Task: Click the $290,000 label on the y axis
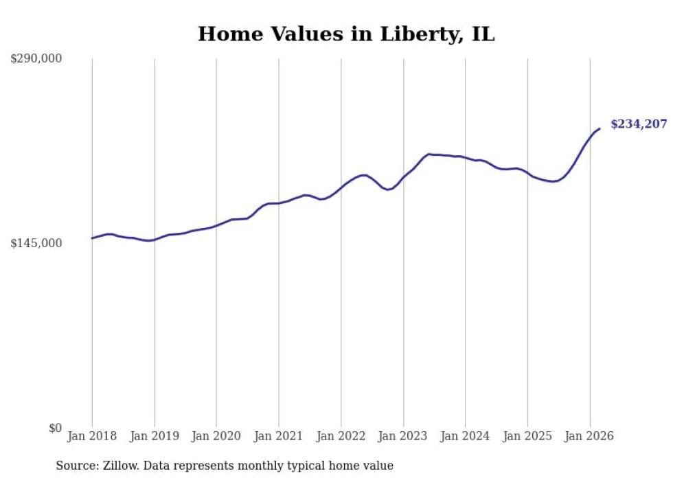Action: click(x=36, y=59)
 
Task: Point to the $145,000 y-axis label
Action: click(x=36, y=243)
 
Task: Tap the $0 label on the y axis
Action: click(x=55, y=428)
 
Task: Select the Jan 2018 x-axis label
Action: click(x=92, y=436)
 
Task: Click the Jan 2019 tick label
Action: click(x=155, y=436)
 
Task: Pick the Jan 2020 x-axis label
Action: click(x=216, y=436)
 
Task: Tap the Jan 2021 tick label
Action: click(x=279, y=436)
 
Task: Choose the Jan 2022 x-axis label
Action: click(x=341, y=436)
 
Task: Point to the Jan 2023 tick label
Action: click(x=403, y=436)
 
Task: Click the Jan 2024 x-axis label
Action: click(x=466, y=436)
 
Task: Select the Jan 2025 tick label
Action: click(x=527, y=436)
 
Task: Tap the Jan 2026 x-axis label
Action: click(x=590, y=436)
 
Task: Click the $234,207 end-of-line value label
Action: click(x=639, y=124)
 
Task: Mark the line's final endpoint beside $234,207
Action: click(x=600, y=128)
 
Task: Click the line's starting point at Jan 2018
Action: click(x=92, y=238)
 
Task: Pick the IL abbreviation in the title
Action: click(x=483, y=34)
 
